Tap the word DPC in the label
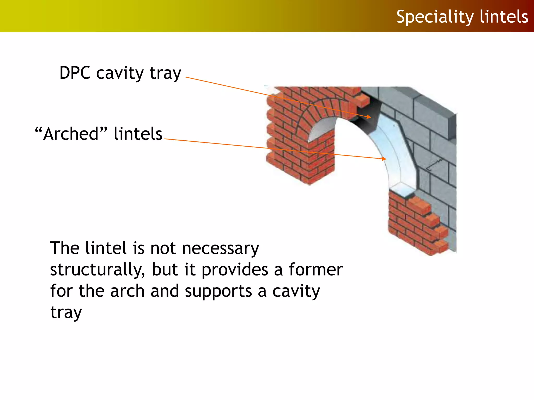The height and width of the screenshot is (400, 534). (75, 73)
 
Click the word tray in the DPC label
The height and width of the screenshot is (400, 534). (165, 73)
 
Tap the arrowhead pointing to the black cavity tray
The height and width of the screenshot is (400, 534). (368, 117)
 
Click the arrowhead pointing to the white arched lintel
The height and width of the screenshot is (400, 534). (384, 158)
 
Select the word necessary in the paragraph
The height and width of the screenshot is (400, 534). (221, 248)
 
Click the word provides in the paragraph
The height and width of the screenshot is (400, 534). (235, 270)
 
